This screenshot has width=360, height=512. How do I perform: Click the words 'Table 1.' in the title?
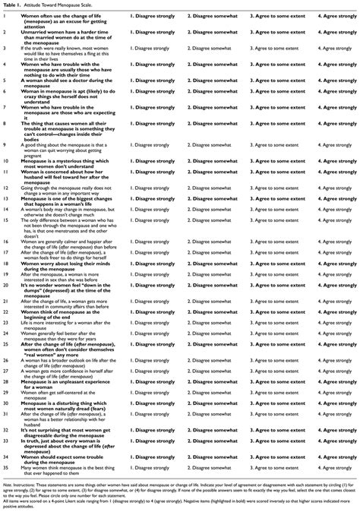12,5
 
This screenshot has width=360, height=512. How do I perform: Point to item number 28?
5,381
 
